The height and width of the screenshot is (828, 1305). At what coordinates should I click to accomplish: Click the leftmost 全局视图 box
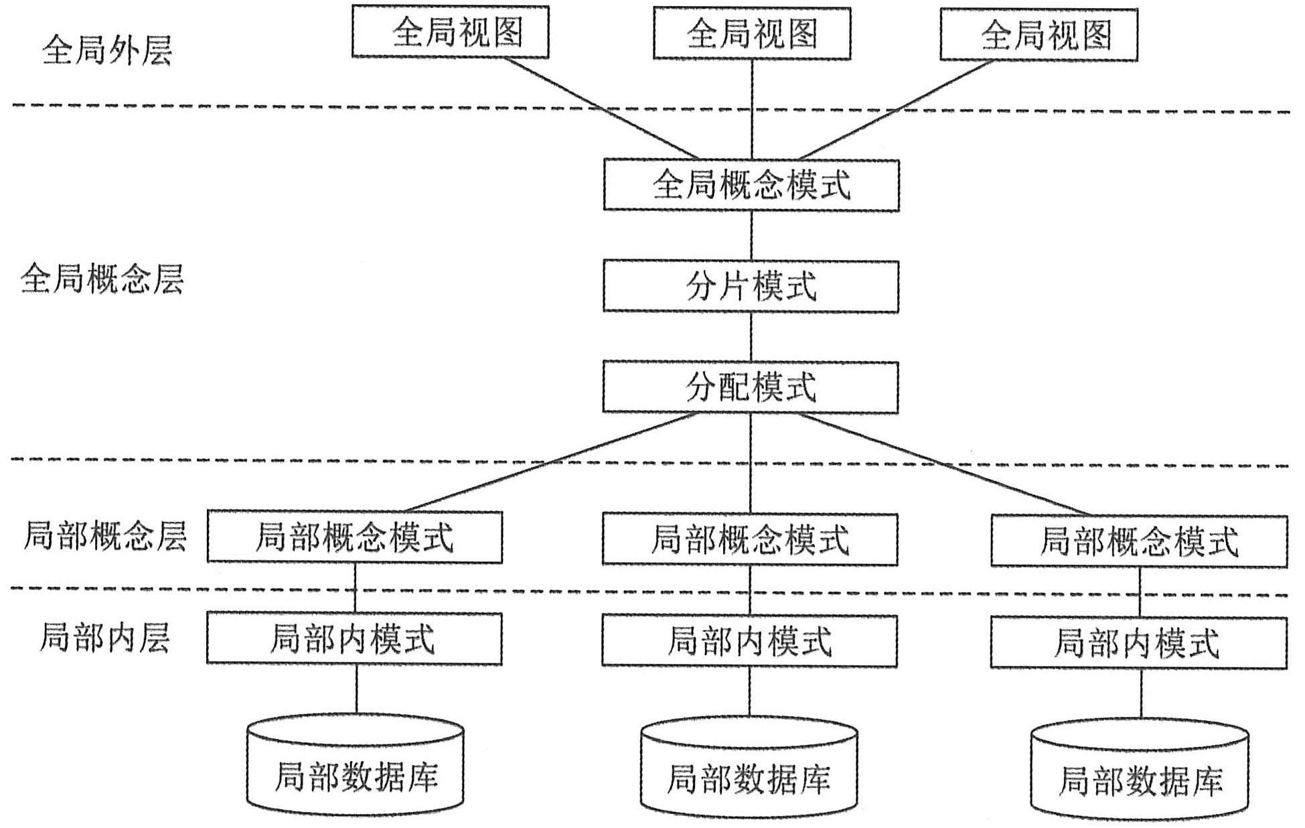(x=450, y=32)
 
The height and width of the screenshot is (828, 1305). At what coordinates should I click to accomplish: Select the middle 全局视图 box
(x=751, y=33)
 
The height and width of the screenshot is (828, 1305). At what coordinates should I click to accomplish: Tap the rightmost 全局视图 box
(x=1039, y=35)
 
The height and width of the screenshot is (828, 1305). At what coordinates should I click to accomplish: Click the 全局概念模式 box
(x=751, y=185)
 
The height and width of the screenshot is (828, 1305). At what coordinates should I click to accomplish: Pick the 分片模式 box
(x=751, y=287)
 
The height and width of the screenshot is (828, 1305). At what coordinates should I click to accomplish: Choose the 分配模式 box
(x=751, y=387)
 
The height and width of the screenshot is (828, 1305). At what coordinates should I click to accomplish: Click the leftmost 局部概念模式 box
(x=354, y=537)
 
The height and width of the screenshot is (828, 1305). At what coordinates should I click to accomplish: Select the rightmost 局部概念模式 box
(x=1139, y=541)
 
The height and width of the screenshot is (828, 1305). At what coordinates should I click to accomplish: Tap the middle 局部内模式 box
(x=749, y=641)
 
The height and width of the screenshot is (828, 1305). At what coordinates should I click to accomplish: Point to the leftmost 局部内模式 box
(x=354, y=638)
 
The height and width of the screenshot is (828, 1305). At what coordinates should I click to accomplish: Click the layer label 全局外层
(x=107, y=51)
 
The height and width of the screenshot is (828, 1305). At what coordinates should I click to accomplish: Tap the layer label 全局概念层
(x=102, y=279)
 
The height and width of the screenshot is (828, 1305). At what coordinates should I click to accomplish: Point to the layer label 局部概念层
(x=105, y=537)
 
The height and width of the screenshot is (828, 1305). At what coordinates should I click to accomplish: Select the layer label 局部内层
(x=105, y=637)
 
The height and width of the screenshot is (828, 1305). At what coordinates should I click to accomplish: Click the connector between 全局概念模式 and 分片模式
(x=751, y=235)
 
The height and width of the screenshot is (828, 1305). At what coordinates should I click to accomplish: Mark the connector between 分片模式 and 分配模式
(x=751, y=336)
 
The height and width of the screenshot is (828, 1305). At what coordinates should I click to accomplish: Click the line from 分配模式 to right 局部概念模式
(x=944, y=464)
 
